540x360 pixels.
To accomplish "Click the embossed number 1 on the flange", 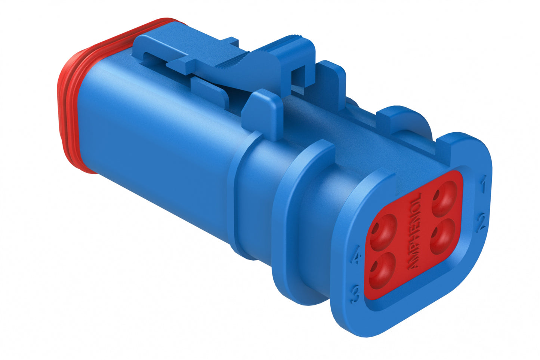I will coord(483,186).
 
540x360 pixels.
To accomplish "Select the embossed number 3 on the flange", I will coord(355,295).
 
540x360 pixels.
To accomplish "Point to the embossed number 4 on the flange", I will coord(358,258).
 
